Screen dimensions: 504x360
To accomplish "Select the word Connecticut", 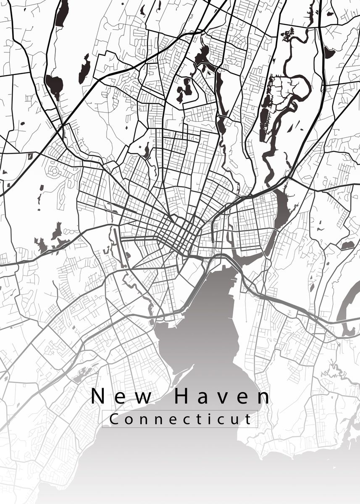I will point(180,419).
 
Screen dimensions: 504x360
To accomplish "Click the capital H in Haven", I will point(182,396).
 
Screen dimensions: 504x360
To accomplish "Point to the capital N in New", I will point(98,396).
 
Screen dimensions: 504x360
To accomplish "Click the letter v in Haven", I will point(224,398).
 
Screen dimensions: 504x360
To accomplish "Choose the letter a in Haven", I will point(204,398).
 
